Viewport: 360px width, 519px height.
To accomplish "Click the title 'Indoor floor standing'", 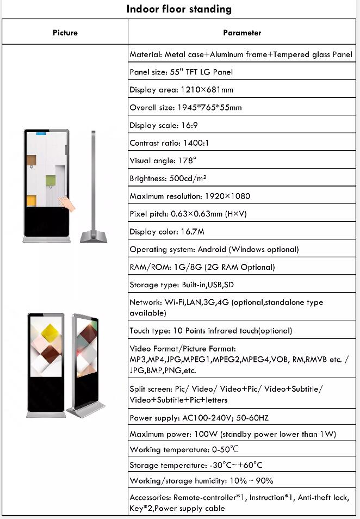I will click(179, 9).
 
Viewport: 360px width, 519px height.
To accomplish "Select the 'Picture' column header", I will click(65, 33).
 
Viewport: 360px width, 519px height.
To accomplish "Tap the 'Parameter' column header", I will click(242, 33).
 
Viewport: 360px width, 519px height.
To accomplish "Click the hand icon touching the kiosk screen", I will click(68, 203).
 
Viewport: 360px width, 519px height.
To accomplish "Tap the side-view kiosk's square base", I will click(94, 236).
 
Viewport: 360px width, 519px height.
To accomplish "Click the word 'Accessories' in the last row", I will click(150, 498).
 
